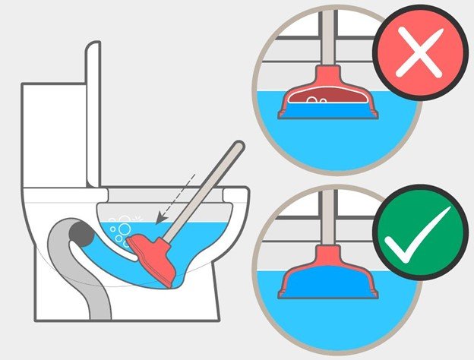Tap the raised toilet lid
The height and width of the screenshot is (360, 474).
click(x=93, y=114)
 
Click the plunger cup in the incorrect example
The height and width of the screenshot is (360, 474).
click(x=327, y=99)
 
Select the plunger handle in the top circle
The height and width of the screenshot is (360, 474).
click(x=327, y=38)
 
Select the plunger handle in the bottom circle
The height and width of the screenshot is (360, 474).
click(x=327, y=220)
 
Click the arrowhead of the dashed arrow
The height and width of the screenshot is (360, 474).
click(x=160, y=220)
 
